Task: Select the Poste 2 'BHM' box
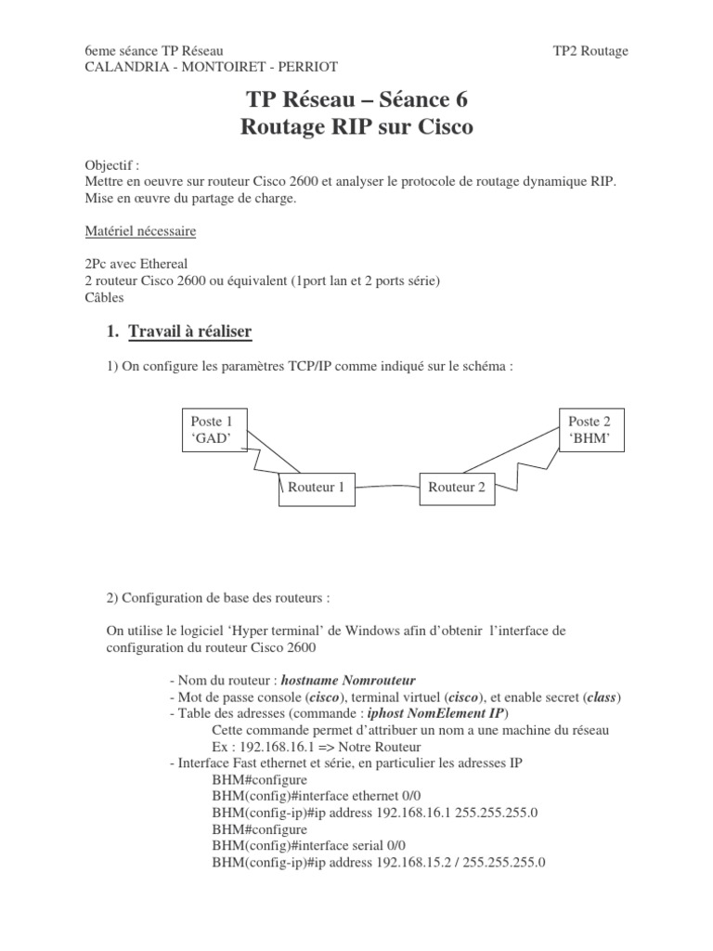click(590, 429)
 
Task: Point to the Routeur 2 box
click(456, 488)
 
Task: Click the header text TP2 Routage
click(590, 50)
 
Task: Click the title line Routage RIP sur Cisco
click(356, 128)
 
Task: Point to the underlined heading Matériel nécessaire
click(139, 229)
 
